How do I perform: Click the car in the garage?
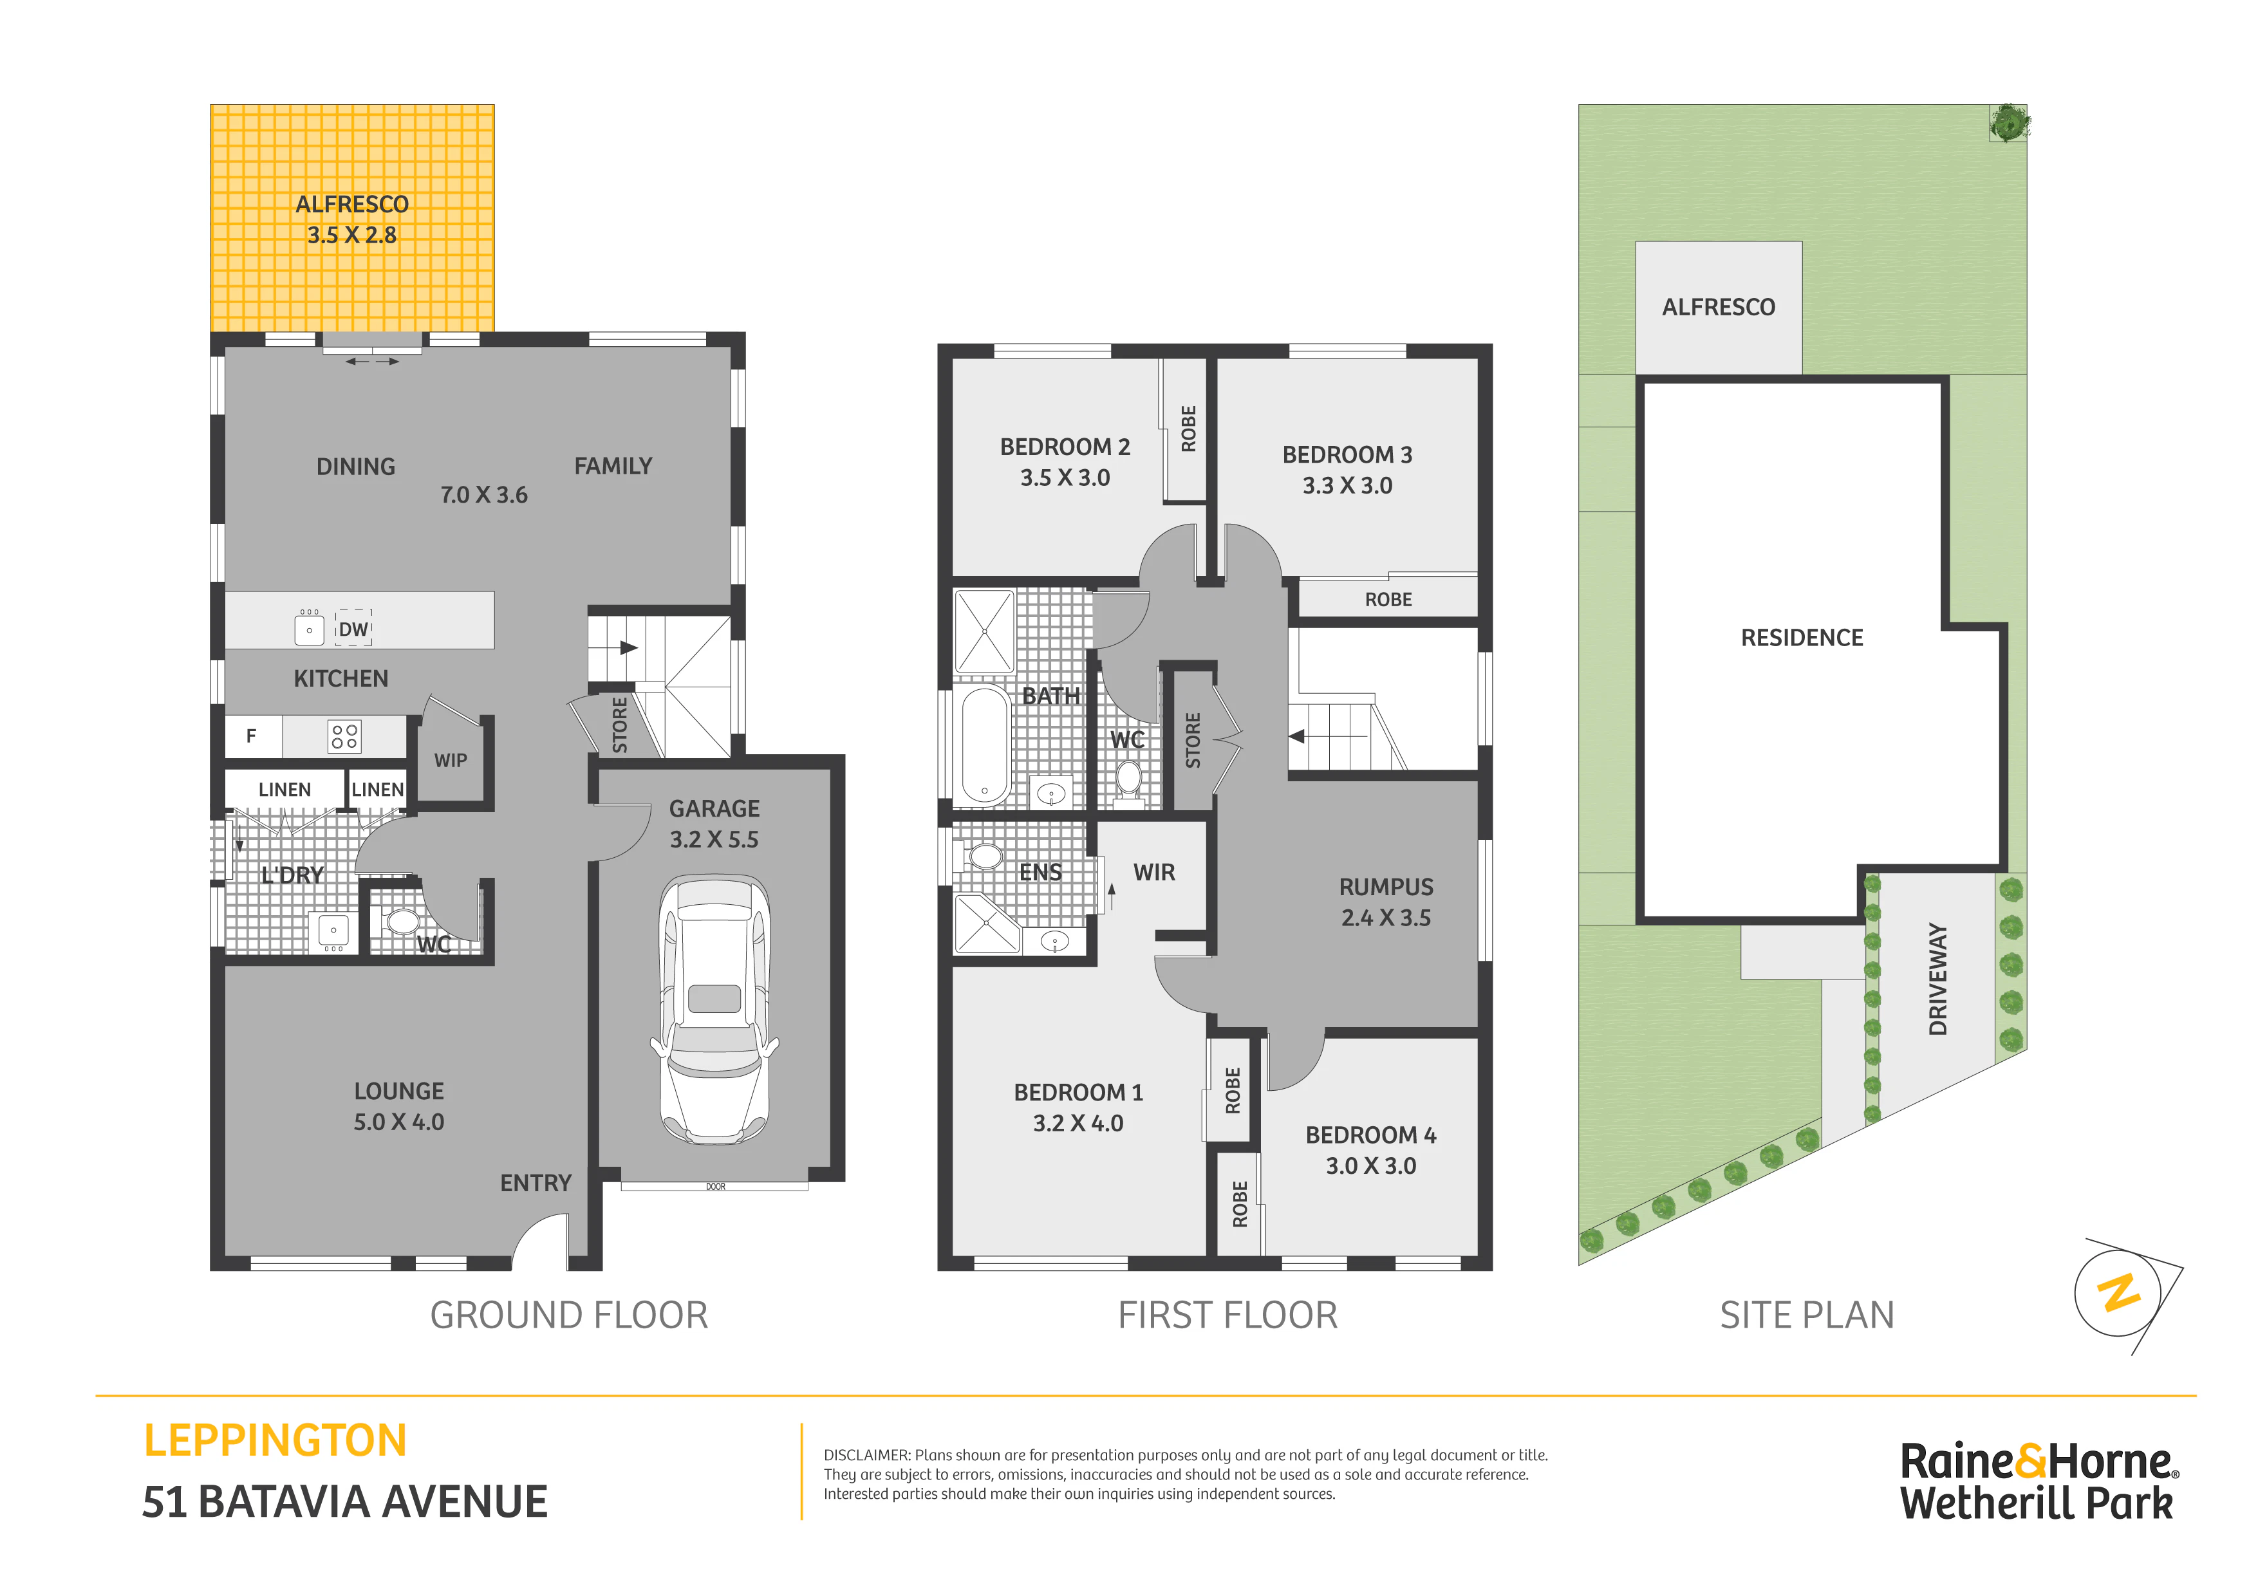[715, 1010]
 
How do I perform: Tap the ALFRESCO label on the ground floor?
[352, 205]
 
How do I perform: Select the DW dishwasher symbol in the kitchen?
[354, 628]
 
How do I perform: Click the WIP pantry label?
[451, 760]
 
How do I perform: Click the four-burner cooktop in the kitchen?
[344, 736]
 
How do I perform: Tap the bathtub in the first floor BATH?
[984, 745]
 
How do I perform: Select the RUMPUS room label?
[1386, 887]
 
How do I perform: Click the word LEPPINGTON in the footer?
[275, 1441]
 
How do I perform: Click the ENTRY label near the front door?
[536, 1183]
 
